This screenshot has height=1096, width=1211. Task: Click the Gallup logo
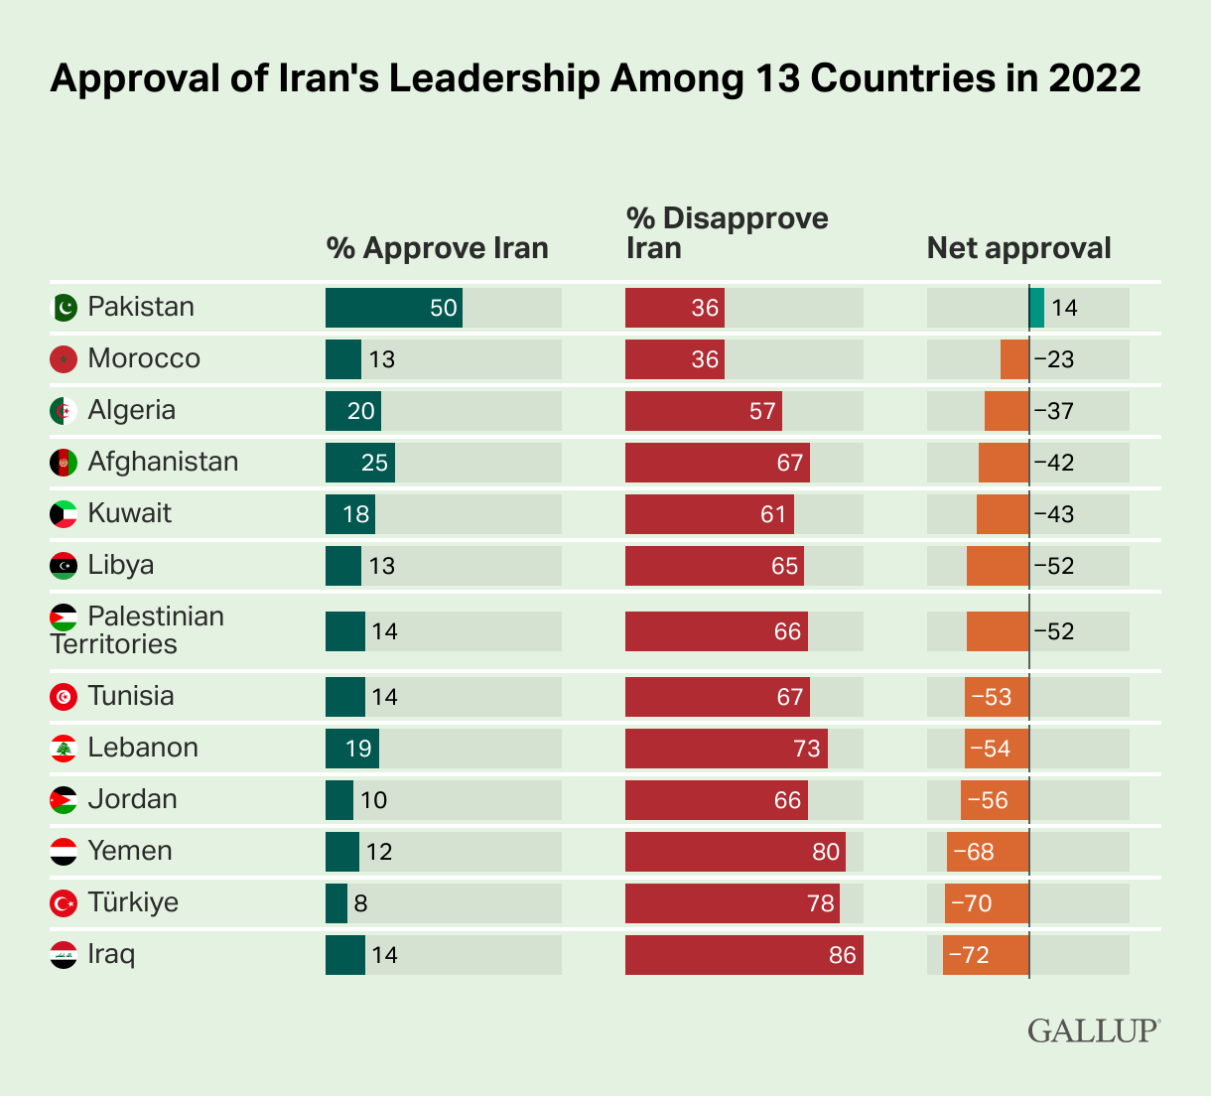[1093, 1030]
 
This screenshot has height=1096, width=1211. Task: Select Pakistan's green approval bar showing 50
[393, 308]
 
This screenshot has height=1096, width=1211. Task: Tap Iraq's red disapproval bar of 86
[743, 955]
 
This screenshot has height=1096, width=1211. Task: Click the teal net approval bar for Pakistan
[1037, 308]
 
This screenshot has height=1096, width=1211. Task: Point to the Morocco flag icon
[64, 359]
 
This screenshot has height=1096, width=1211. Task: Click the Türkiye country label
[133, 903]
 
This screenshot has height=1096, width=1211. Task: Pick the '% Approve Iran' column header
[437, 248]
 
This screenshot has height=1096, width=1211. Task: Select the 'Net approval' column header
[1018, 248]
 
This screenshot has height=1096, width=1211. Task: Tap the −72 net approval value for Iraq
[969, 955]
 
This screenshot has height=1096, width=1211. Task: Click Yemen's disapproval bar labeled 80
[735, 852]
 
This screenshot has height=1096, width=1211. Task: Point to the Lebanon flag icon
[64, 749]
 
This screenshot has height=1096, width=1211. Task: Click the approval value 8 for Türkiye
[360, 903]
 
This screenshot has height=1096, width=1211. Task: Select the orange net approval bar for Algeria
[1007, 411]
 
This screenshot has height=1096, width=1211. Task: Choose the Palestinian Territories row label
[137, 630]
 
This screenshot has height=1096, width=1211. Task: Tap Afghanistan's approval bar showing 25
[359, 463]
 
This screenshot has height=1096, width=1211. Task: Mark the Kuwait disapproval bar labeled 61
[709, 514]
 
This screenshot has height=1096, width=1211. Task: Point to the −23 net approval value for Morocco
[1054, 359]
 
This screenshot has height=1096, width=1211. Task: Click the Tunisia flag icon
[64, 697]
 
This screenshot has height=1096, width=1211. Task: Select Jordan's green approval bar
[339, 800]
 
